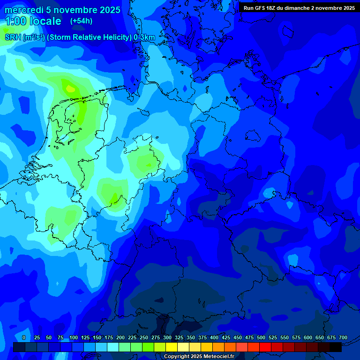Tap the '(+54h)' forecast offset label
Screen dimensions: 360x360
pyautogui.click(x=81, y=21)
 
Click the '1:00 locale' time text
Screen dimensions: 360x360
pyautogui.click(x=33, y=21)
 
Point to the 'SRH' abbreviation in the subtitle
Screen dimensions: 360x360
pyautogui.click(x=13, y=37)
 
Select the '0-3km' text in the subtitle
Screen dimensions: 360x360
pyautogui.click(x=144, y=37)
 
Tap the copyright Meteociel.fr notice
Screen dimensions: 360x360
pyautogui.click(x=199, y=356)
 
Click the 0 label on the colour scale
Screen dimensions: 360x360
pyautogui.click(x=24, y=337)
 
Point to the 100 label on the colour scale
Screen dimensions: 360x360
pyautogui.click(x=74, y=337)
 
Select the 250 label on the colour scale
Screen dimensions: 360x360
pyautogui.click(x=144, y=337)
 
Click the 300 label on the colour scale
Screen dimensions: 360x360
pyautogui.click(x=167, y=337)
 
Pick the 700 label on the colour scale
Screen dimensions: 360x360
pyautogui.click(x=343, y=337)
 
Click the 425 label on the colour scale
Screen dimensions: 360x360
pyautogui.click(x=226, y=337)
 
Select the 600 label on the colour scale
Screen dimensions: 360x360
pyautogui.click(x=308, y=337)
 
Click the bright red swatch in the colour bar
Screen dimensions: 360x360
pyautogui.click(x=265, y=347)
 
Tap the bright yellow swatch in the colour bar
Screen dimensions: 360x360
pyautogui.click(x=172, y=347)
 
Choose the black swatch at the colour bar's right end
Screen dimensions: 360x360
pyautogui.click(x=336, y=347)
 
